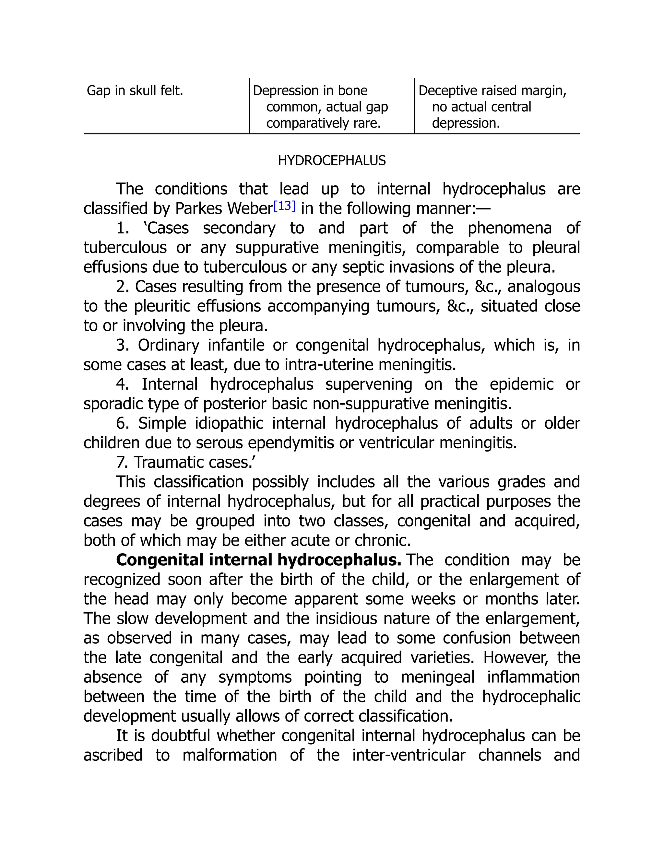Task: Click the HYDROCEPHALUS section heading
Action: coord(332,160)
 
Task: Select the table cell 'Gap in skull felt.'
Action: coord(135,91)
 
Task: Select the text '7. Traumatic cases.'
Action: coord(186,463)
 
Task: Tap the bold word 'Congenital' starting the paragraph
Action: coord(160,560)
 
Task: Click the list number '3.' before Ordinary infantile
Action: coord(123,345)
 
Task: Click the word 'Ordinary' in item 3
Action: coord(168,345)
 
